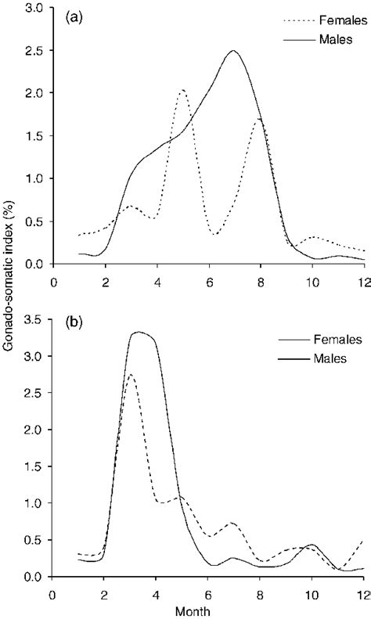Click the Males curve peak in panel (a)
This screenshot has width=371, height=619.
click(233, 51)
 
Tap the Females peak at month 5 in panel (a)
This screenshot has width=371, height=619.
click(182, 90)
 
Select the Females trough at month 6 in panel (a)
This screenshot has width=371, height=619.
click(214, 234)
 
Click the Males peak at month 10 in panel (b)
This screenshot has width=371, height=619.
click(312, 544)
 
